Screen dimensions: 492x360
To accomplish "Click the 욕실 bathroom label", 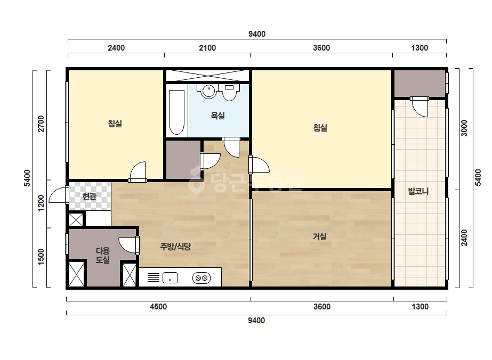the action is [218, 116].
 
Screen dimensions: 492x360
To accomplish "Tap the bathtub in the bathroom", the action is [176, 112].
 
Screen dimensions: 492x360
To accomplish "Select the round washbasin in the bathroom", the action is [208, 91].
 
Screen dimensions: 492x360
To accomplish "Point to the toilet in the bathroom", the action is [229, 93].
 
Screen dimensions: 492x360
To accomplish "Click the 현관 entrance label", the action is [90, 197].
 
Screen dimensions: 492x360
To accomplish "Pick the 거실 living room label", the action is [320, 236].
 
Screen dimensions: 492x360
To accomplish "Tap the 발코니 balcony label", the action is [418, 191].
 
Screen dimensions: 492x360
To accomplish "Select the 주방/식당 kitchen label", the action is [175, 247].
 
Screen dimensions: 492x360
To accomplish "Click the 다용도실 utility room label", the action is [102, 255].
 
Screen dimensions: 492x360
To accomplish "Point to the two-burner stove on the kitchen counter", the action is [201, 278].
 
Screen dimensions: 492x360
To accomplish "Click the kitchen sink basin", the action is [170, 278].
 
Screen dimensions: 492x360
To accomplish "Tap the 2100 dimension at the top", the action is [207, 48].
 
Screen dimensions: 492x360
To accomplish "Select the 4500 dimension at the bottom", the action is [158, 306].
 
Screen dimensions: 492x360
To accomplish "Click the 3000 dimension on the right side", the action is [464, 128].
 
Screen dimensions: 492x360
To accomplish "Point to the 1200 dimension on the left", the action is [41, 203].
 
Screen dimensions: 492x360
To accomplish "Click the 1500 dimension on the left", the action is [41, 257].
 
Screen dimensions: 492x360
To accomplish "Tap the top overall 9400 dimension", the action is [257, 34].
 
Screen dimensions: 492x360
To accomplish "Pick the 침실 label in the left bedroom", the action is [115, 124].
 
